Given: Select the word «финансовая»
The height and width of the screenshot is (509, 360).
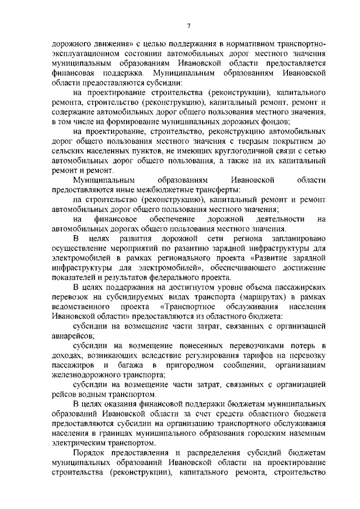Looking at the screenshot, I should pyautogui.click(x=73, y=74).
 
